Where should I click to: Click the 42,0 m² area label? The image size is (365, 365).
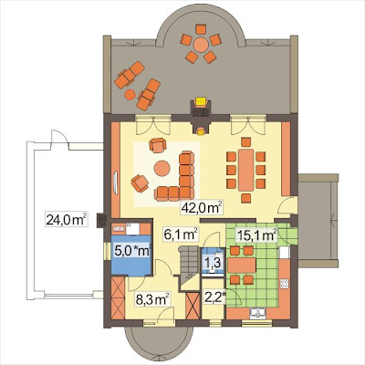(x=202, y=208)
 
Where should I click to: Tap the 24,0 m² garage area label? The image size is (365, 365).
(x=67, y=219)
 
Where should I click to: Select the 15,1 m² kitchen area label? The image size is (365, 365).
(x=256, y=235)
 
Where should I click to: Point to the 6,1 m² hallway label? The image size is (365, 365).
(x=181, y=235)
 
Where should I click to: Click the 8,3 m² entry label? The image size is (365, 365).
(x=152, y=298)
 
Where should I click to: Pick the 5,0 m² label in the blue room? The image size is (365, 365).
(x=133, y=251)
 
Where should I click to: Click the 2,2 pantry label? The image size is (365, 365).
(x=215, y=297)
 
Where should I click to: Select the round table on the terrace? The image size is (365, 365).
(x=201, y=45)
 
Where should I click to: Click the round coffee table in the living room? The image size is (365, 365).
(x=162, y=168)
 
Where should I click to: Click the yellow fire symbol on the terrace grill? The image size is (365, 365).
(x=201, y=101)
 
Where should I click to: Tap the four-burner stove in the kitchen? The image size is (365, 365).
(x=285, y=284)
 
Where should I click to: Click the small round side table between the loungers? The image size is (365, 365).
(x=130, y=95)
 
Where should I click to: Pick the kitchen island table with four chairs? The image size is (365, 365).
(x=242, y=266)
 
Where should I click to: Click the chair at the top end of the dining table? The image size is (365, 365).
(x=245, y=142)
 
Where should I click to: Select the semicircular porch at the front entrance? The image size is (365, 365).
(x=159, y=341)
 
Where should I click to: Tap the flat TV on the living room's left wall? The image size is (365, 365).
(x=116, y=182)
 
